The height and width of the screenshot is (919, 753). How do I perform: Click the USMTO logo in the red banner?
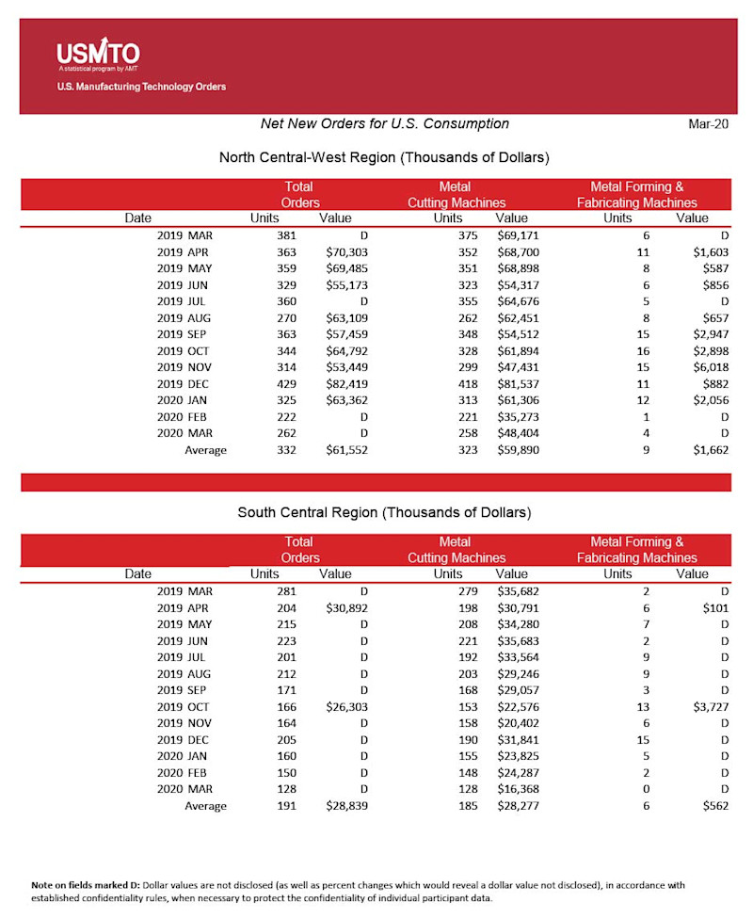[98, 54]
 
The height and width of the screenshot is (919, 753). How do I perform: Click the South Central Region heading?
[384, 512]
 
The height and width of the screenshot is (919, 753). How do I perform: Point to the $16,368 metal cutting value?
[517, 789]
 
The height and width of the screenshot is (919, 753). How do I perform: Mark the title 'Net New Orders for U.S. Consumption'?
[384, 124]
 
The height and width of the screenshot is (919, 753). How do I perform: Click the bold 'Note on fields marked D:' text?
[86, 884]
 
